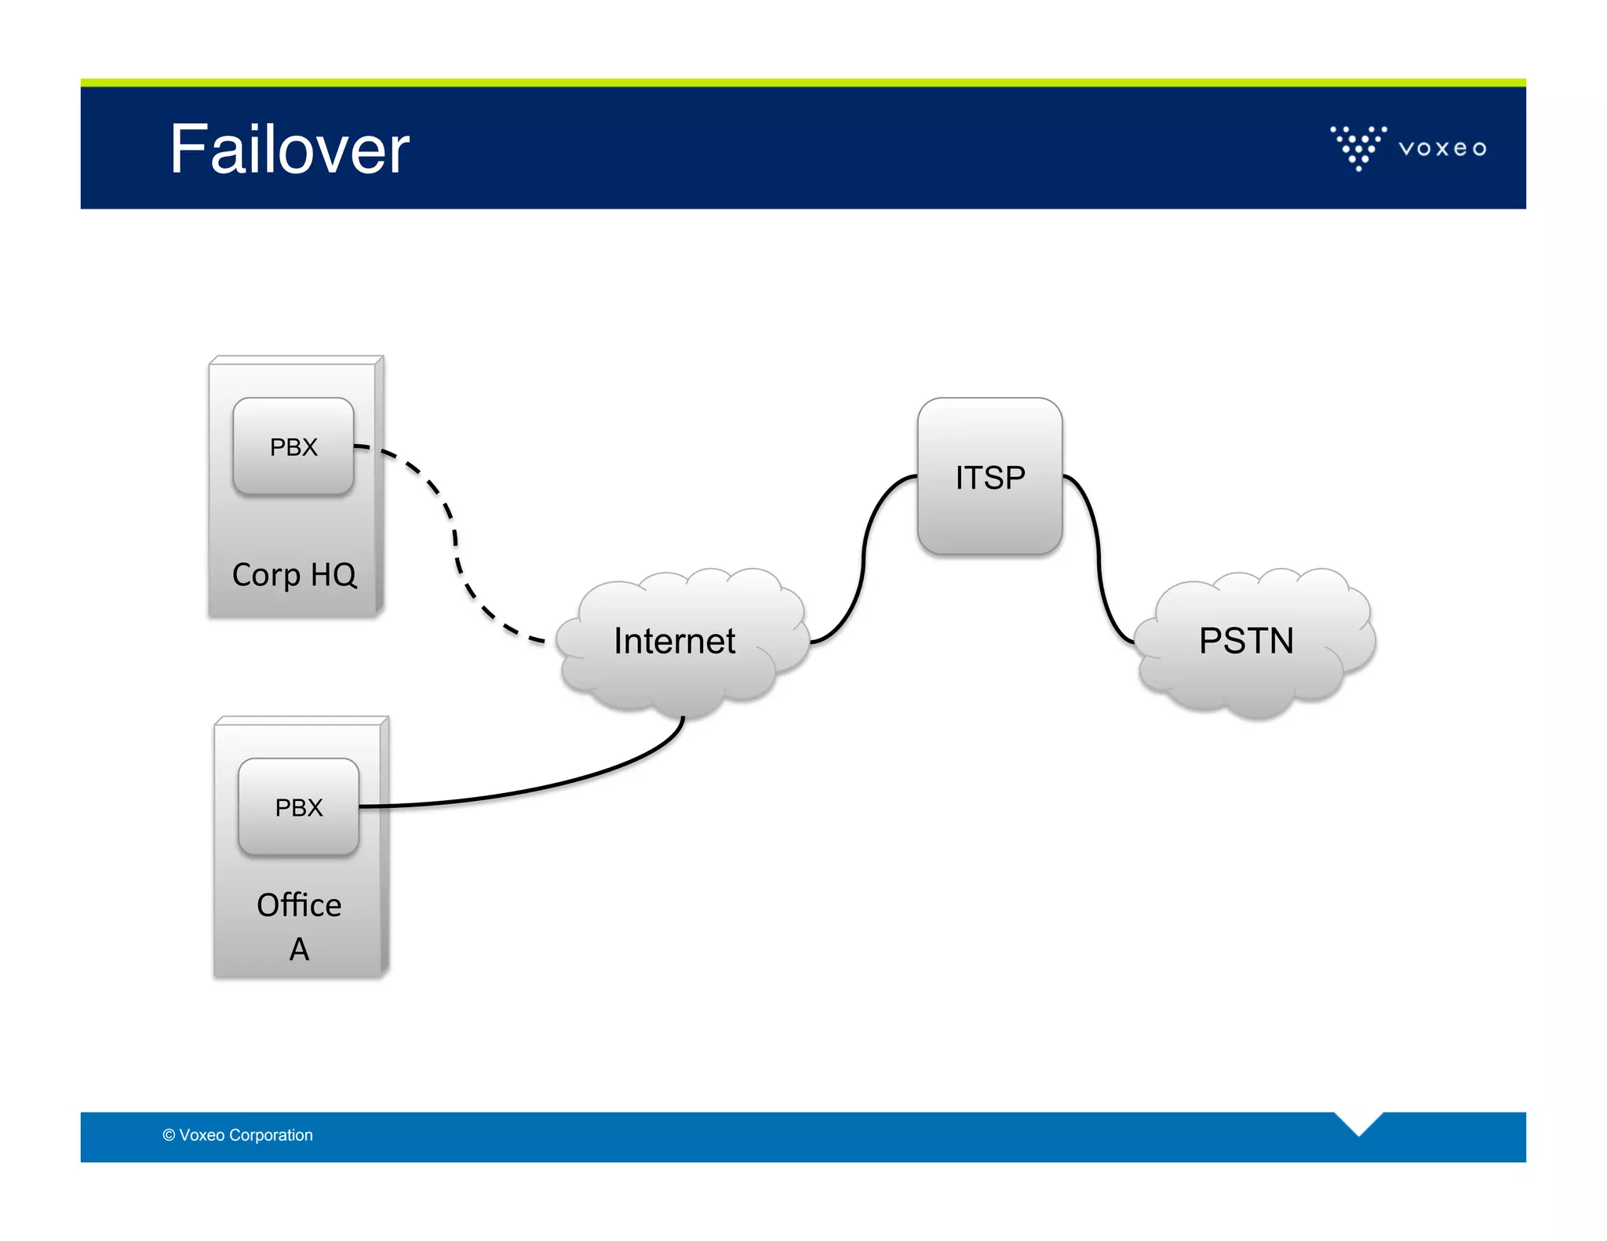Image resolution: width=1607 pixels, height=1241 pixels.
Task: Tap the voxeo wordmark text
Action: (x=1442, y=148)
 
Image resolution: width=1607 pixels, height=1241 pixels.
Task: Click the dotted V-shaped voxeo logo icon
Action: (x=1358, y=147)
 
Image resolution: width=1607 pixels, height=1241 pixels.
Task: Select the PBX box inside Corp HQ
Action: (x=293, y=446)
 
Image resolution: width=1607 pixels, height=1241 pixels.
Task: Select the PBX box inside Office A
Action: (x=299, y=807)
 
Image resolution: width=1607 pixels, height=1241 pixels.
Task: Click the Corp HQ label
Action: (x=294, y=575)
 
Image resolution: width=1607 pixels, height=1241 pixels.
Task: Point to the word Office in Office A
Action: (x=299, y=905)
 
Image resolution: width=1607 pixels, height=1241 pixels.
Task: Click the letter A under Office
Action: (x=299, y=950)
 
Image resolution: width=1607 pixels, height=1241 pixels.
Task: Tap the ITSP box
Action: (x=989, y=477)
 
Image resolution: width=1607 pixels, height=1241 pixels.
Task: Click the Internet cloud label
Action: (x=674, y=641)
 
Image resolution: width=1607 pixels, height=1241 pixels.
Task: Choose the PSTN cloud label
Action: (x=1246, y=641)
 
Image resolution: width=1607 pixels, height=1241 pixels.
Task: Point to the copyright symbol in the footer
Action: (x=169, y=1135)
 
